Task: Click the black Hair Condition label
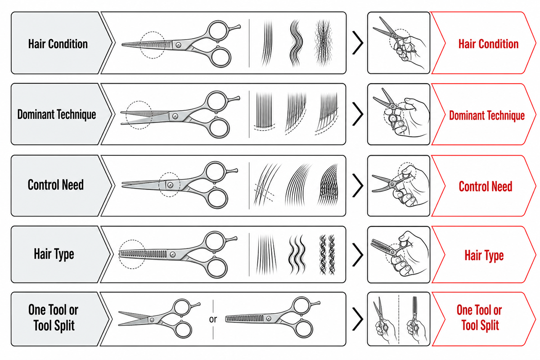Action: point(58,44)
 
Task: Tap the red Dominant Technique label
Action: point(487,115)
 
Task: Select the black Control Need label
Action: point(56,185)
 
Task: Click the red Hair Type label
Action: point(484,255)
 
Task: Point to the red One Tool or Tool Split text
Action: point(480,317)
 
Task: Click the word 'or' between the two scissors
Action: point(213,319)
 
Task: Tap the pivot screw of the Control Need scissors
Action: point(170,185)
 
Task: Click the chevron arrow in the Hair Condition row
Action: point(358,43)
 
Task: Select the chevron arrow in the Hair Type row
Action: point(358,255)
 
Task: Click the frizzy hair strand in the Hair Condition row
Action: point(323,43)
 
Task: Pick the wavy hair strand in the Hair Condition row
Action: point(296,43)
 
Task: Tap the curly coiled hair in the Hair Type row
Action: point(327,255)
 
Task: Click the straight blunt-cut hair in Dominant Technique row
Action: point(264,111)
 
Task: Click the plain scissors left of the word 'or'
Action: point(159,318)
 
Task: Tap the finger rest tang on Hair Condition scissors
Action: point(235,27)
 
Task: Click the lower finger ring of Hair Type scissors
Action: point(216,267)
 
